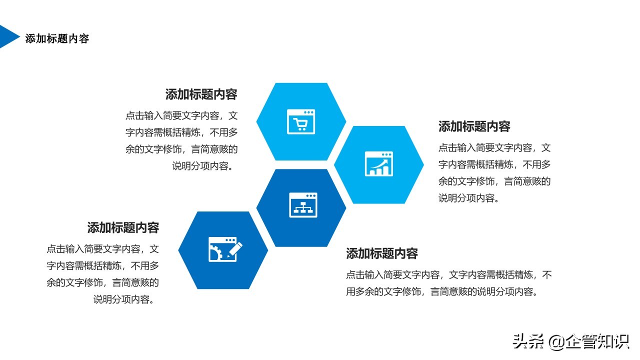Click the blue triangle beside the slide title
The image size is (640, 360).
[8, 36]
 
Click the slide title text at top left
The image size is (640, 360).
[57, 38]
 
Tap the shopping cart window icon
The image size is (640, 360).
[301, 121]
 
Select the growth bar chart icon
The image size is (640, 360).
[379, 163]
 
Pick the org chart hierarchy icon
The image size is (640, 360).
[303, 205]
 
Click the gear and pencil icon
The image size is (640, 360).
[225, 249]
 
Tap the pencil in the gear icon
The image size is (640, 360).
[235, 249]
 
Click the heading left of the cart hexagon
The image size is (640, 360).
[201, 94]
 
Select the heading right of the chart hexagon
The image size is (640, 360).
[474, 126]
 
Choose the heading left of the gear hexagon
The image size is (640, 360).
[123, 227]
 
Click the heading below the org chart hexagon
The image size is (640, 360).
[382, 253]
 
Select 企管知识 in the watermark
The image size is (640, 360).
[597, 341]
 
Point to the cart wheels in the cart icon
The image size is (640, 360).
[301, 129]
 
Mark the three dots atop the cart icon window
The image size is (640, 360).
[308, 112]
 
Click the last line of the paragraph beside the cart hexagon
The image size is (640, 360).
[202, 166]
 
